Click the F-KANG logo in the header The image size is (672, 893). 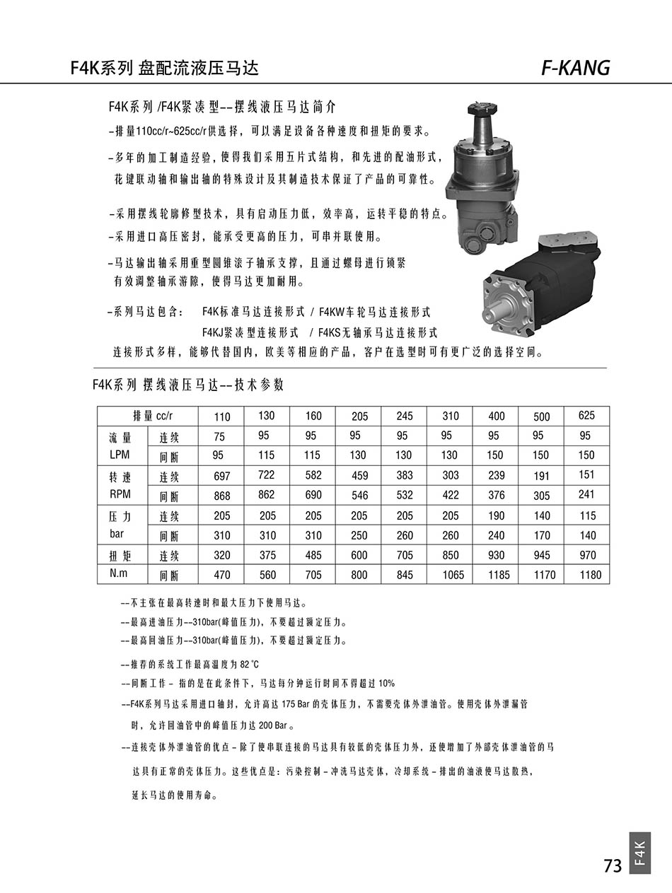[x=574, y=67]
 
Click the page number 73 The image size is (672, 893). [x=612, y=865]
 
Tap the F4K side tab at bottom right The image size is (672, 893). [x=639, y=853]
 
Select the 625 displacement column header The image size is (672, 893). [x=586, y=416]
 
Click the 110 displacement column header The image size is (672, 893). [x=221, y=416]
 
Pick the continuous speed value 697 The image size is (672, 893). [x=221, y=477]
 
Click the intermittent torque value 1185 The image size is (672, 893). [x=498, y=575]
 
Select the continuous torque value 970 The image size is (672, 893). [x=587, y=555]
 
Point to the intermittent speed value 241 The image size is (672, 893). [x=586, y=495]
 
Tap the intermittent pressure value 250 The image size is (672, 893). [x=359, y=535]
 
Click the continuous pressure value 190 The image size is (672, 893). [x=497, y=515]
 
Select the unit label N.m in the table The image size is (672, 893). [x=119, y=573]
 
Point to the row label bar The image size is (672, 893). [x=117, y=534]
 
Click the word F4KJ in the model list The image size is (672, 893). [x=214, y=332]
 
